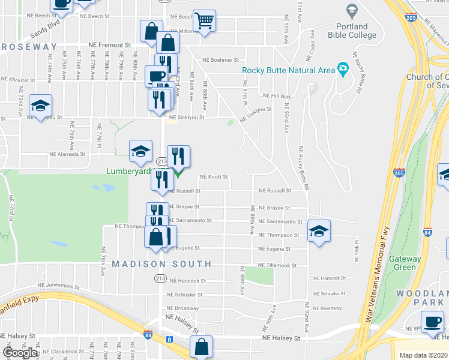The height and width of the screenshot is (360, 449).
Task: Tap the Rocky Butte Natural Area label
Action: [x=288, y=70]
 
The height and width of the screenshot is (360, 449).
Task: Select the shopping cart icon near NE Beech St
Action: [x=205, y=22]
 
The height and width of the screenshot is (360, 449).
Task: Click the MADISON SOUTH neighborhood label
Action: [x=162, y=264]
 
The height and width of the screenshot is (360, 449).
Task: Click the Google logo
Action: [x=20, y=353]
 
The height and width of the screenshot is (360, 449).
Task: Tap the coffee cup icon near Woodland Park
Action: [x=432, y=322]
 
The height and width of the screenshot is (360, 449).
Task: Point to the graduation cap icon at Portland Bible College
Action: [x=352, y=10]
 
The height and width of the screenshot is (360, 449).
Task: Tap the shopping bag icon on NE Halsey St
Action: [x=201, y=346]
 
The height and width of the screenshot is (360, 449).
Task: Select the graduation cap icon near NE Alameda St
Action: [x=140, y=152]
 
